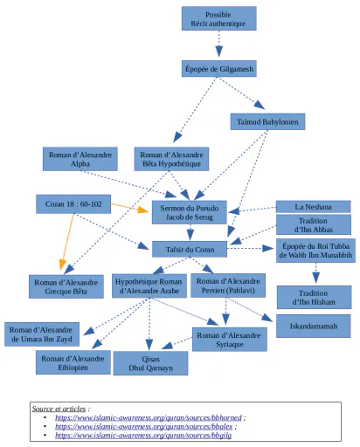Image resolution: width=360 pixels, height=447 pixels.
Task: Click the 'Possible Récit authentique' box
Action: pos(219,18)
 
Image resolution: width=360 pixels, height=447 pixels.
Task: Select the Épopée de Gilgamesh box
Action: pos(219,69)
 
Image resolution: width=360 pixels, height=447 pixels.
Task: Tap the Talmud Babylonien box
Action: pos(267,121)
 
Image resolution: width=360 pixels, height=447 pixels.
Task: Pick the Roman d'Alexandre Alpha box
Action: pos(80,159)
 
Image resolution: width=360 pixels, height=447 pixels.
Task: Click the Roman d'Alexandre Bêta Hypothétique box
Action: pos(171,159)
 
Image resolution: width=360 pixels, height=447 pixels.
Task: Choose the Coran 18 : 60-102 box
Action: pos(73,204)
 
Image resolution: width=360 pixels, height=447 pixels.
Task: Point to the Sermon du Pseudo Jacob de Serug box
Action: pos(190,212)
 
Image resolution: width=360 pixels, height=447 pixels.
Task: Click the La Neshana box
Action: pos(314,207)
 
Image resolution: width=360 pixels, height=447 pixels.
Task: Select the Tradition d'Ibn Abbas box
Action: pos(314,224)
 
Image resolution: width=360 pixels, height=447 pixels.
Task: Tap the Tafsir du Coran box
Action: pos(190,249)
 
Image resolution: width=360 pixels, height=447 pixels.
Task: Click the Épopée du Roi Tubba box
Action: pos(315,251)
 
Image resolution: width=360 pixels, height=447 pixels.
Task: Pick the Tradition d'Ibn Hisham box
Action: pos(314,297)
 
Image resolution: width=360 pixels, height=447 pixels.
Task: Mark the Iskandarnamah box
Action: pos(314,326)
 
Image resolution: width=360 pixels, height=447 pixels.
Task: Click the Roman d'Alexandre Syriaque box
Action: pos(230,340)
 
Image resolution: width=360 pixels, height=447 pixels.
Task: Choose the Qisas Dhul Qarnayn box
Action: pos(150,363)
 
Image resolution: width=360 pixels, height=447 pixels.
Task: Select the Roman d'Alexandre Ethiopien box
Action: pos(73,362)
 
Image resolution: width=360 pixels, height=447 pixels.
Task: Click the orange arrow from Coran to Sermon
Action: pos(129,207)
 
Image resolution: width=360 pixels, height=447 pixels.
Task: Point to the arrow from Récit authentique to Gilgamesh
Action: pos(219,44)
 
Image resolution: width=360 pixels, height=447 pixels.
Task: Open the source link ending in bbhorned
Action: pos(149,417)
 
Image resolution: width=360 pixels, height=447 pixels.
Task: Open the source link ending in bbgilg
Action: pos(143,436)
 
